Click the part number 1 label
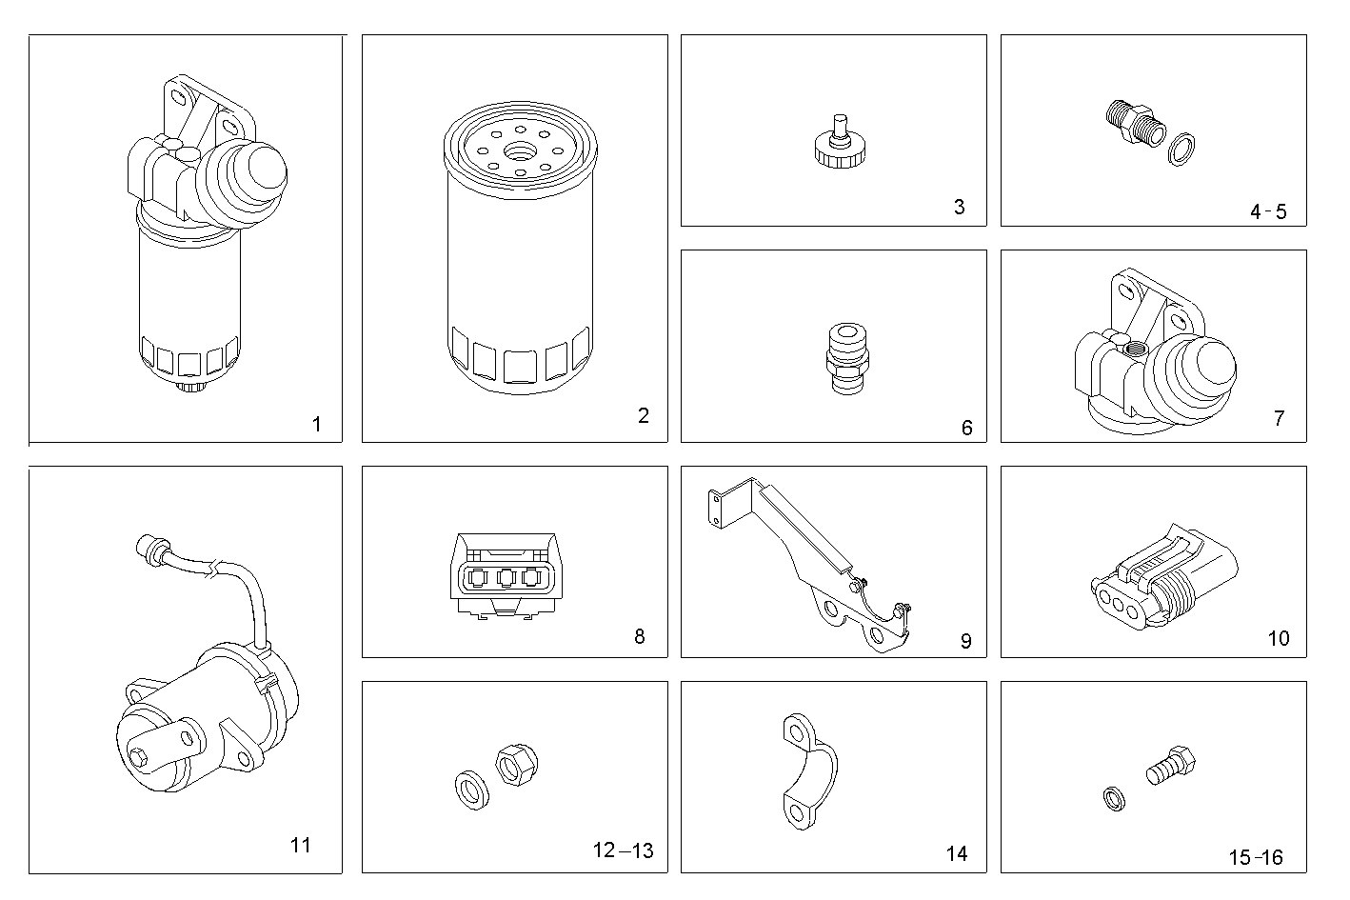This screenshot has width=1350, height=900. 316,424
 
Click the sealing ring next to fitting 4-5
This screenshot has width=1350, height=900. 1183,149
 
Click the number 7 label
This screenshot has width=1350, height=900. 1279,417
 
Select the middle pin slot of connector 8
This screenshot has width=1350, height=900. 506,577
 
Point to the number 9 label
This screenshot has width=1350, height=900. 965,641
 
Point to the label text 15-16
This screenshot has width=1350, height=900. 1255,857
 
